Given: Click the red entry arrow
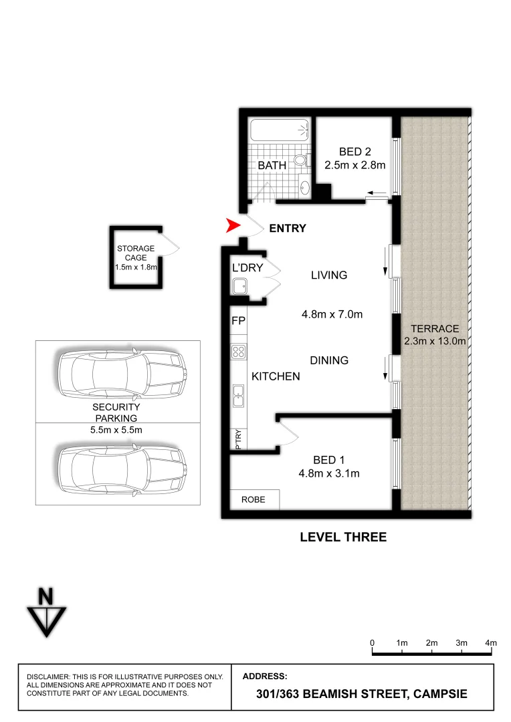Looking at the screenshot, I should [232, 227].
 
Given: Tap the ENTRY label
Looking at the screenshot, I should [288, 229].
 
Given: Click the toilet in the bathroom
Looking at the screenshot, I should [301, 160].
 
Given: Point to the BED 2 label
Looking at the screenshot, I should [354, 151].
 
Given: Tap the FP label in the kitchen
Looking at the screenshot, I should [238, 322].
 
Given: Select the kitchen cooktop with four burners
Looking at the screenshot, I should [238, 351].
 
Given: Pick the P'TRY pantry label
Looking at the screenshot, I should [238, 439].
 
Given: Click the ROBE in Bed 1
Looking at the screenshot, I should [253, 499].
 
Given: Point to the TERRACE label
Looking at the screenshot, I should [435, 329].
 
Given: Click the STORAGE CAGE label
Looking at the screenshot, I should [136, 253].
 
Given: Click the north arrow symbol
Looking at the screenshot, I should [46, 613].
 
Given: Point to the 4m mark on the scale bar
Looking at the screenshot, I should [492, 643].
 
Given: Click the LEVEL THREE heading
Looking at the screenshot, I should [343, 537].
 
